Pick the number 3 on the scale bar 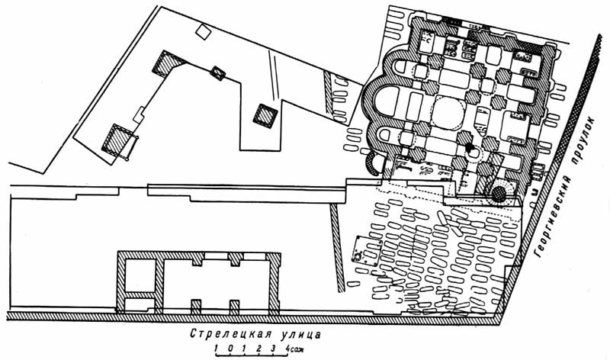click(x=272, y=348)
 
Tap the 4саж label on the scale click(x=294, y=348)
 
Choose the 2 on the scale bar click(x=258, y=348)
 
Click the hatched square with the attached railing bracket click(x=120, y=141)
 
